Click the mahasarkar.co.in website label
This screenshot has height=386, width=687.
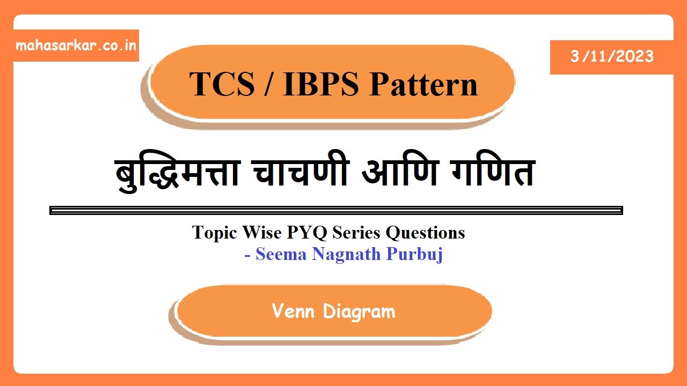[x=76, y=45]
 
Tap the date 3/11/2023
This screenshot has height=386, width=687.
[x=612, y=56]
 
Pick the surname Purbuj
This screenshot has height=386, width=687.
[x=414, y=254]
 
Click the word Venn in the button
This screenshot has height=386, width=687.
[x=293, y=311]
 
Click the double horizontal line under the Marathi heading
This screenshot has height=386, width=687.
[x=336, y=210]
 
